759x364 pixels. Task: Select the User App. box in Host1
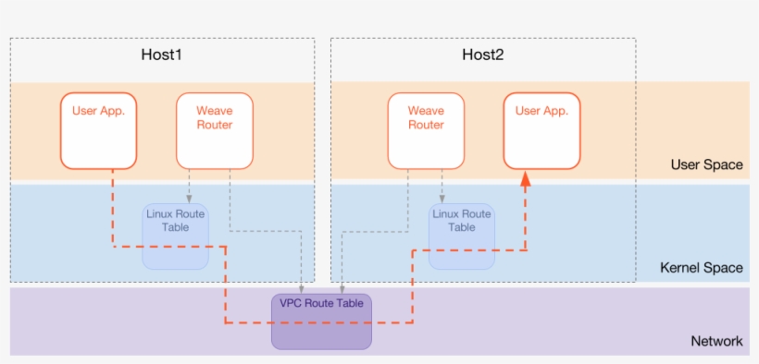click(x=98, y=130)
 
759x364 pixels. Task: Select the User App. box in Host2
click(x=541, y=130)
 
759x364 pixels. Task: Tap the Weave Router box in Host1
click(x=214, y=130)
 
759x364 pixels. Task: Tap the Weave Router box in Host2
click(x=426, y=130)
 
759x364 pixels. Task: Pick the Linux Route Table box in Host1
click(x=175, y=237)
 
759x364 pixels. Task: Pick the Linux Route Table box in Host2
click(x=462, y=237)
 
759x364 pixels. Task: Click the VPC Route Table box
click(x=321, y=321)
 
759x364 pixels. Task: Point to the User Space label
click(x=706, y=164)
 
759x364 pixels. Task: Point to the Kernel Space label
click(x=701, y=268)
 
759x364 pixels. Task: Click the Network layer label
click(x=716, y=341)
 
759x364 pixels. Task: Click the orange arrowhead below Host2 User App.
click(x=525, y=179)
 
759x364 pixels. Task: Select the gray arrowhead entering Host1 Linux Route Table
click(x=189, y=199)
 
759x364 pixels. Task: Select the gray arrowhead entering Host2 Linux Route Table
click(x=442, y=199)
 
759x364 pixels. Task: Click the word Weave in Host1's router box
click(x=214, y=111)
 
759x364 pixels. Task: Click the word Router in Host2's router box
click(x=426, y=125)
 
